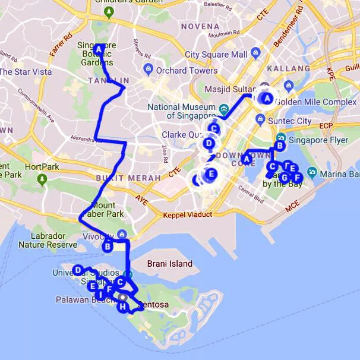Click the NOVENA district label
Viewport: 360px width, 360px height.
(200, 26)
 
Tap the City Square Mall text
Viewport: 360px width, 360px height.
(216, 55)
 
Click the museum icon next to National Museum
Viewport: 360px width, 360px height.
(224, 109)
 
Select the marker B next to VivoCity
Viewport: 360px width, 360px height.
(108, 245)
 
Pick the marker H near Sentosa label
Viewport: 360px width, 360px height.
(122, 307)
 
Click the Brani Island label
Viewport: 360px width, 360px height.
(170, 263)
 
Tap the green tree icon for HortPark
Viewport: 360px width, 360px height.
(42, 178)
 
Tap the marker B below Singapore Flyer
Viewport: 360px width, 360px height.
(280, 146)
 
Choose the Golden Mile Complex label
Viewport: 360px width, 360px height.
(323, 102)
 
